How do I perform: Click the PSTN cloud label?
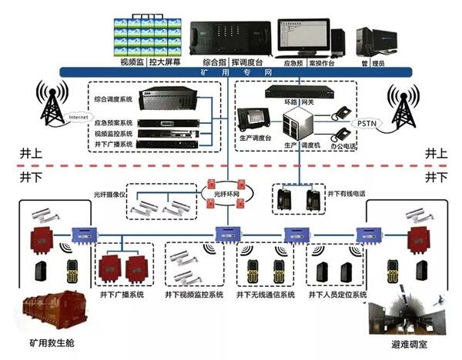(x=363, y=122)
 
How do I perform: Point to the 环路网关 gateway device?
(x=300, y=91)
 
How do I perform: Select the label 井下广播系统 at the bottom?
(x=122, y=295)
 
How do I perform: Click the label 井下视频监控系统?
(x=193, y=295)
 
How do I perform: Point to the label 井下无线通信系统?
(x=265, y=295)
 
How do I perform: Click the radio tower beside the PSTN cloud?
(x=404, y=107)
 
